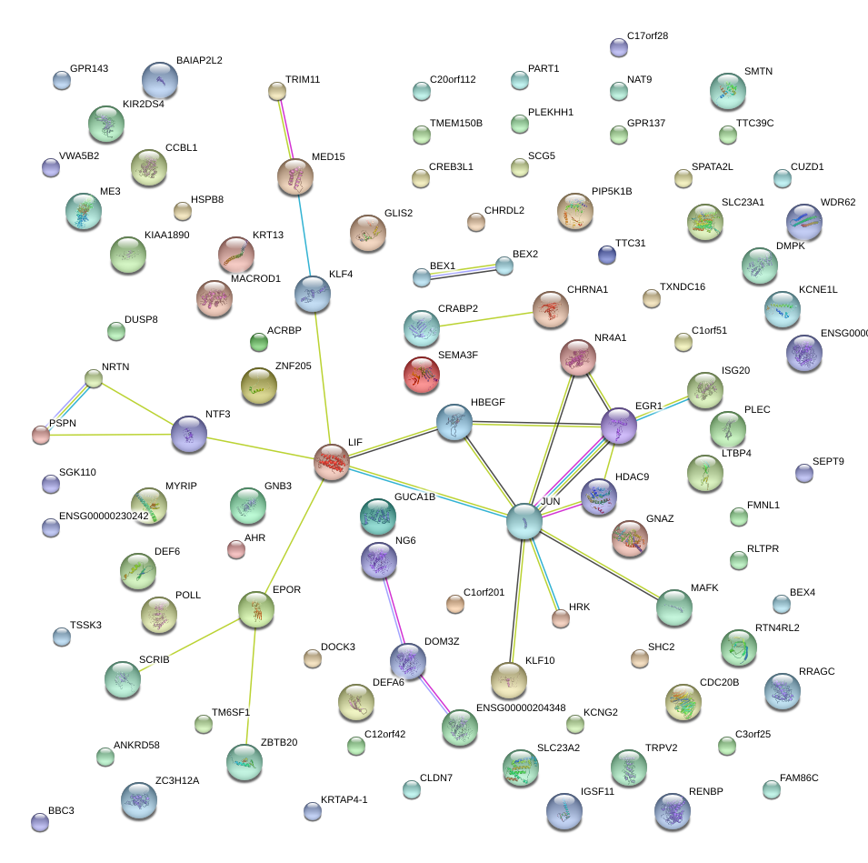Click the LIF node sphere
332,462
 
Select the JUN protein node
524,520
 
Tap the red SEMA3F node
421,374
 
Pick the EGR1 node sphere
619,426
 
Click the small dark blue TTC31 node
607,254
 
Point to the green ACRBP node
259,342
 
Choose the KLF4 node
313,294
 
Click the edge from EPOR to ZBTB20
251,682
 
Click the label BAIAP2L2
199,61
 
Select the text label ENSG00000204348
521,707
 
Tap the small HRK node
561,618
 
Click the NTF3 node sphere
188,433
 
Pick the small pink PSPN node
41,435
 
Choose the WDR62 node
803,221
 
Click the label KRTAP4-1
344,800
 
